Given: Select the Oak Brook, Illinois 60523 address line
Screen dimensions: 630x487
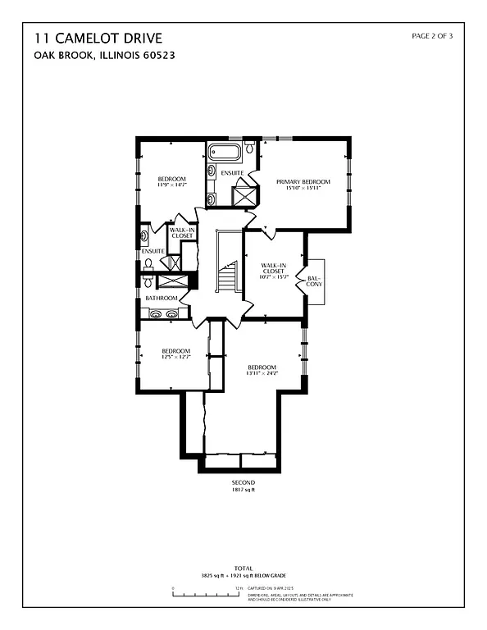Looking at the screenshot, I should point(105,56).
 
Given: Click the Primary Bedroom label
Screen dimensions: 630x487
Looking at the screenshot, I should point(303,181).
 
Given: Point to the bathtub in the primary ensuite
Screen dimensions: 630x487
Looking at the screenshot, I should point(223,152).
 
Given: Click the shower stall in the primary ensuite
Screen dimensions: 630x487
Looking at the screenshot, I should point(244,198).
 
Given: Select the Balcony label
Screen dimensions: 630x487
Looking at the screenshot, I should point(314,281).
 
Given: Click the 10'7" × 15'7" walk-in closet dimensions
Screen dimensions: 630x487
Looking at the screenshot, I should point(273,276).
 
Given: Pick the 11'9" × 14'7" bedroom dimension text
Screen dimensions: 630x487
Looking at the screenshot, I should point(172,185).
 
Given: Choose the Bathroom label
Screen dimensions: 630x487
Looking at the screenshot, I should point(162,298).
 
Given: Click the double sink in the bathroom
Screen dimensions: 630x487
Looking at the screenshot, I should point(162,313).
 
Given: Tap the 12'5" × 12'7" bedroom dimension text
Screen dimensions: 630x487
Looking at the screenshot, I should point(175,357).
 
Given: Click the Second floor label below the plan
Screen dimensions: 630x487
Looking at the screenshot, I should point(243,482).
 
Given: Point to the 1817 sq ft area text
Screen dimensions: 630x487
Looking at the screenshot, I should point(243,490).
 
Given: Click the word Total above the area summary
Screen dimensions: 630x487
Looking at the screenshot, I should point(243,567).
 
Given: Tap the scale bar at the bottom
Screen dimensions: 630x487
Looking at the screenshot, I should point(205,596).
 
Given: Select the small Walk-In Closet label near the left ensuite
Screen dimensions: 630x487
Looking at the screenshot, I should point(182,233).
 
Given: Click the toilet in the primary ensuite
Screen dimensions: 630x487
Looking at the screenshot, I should point(249,148).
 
